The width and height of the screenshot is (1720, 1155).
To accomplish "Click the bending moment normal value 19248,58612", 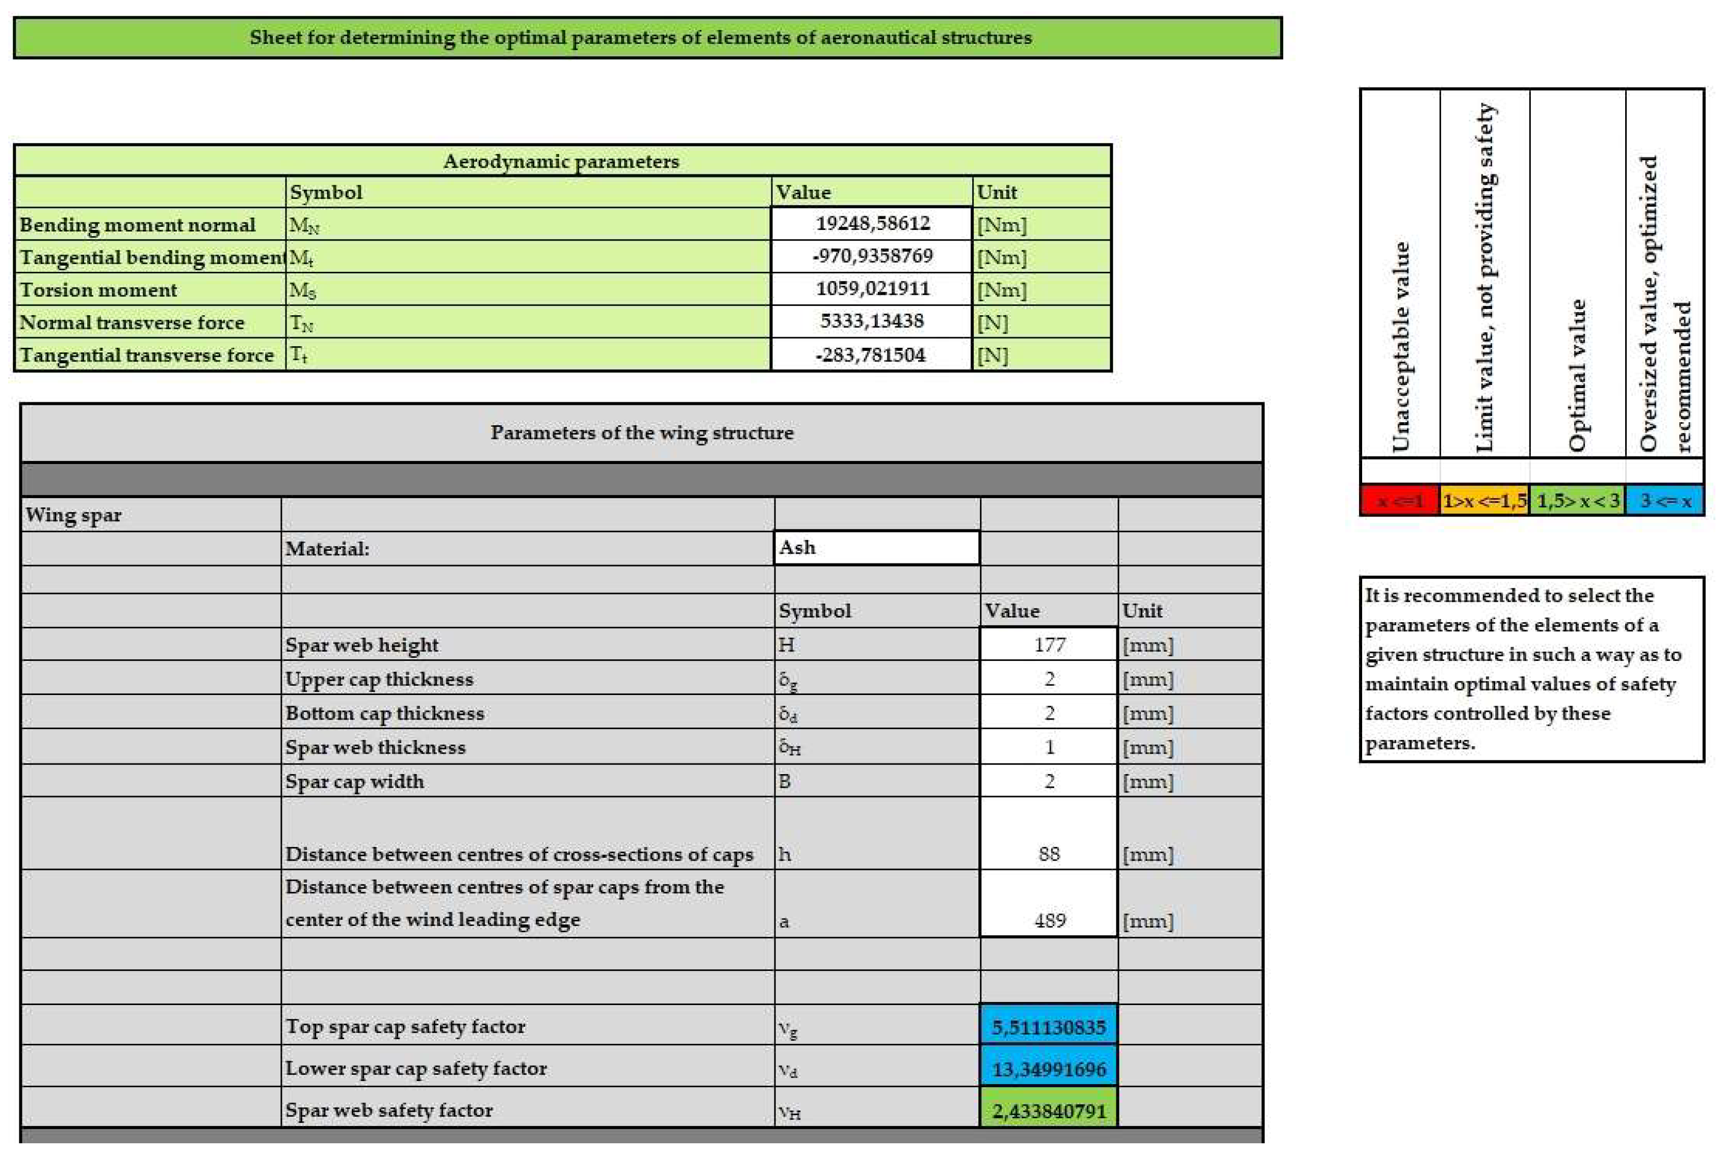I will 873,223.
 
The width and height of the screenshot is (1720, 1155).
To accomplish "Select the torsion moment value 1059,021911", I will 873,289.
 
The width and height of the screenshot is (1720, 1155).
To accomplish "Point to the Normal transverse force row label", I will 132,323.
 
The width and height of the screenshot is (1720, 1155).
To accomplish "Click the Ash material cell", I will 876,548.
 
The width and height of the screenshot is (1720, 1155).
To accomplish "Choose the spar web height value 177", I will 1049,645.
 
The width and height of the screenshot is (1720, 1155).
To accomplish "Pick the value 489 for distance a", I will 1049,920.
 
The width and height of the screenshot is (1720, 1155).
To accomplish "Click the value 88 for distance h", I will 1049,854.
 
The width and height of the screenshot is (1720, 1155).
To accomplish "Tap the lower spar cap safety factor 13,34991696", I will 1049,1069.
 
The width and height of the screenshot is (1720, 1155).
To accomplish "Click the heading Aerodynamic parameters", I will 561,161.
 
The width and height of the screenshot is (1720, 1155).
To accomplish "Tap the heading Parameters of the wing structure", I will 642,432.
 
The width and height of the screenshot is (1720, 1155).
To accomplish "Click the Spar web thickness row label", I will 376,747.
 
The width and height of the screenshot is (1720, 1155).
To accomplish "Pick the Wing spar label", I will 73,515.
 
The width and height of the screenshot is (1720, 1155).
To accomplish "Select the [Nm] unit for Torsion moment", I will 1001,290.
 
